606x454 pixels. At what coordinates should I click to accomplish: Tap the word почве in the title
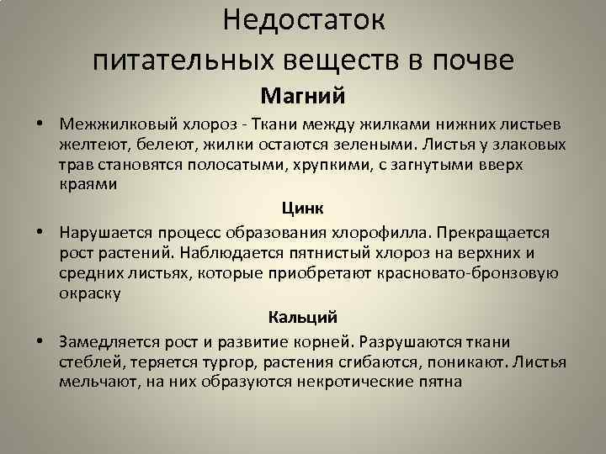470,60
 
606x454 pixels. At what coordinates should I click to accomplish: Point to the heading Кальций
303,317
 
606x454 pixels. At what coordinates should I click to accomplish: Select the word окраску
90,293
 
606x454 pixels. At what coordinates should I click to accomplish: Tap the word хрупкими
341,164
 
